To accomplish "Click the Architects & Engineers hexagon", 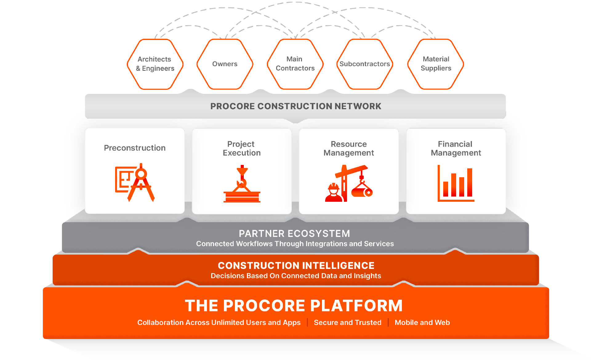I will (x=155, y=64).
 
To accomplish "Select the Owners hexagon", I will (x=225, y=64).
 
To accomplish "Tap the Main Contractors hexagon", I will (x=295, y=64).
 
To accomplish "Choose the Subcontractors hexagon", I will (x=365, y=64).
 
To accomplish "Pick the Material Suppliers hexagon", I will (x=436, y=64).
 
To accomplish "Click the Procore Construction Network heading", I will (x=295, y=106).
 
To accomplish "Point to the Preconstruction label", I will (x=135, y=148).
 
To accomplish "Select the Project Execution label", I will (x=242, y=148).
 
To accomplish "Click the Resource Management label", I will (x=349, y=148).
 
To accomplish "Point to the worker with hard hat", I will (x=333, y=193).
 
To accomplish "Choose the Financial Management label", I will (x=456, y=148).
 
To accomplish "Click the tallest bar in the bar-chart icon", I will (x=469, y=182).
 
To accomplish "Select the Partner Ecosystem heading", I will (x=294, y=234).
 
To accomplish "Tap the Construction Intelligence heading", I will (x=296, y=266).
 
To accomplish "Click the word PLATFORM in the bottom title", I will (x=356, y=306).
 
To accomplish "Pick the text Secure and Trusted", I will (x=348, y=322).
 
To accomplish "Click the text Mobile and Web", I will (x=422, y=322).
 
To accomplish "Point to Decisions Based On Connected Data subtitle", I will (x=296, y=276).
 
